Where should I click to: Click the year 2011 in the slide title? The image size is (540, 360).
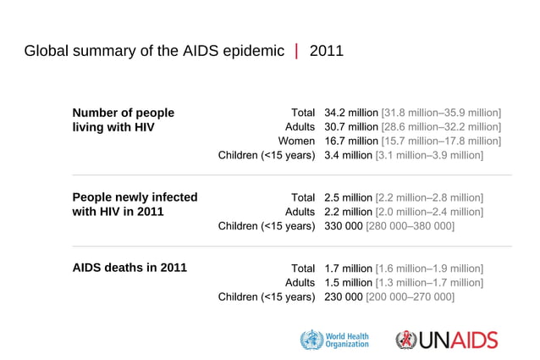pyautogui.click(x=327, y=51)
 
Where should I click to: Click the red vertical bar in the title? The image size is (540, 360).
pyautogui.click(x=296, y=51)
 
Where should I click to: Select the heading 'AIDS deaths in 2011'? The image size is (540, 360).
pyautogui.click(x=129, y=268)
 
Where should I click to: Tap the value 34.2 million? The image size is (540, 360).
pyautogui.click(x=351, y=113)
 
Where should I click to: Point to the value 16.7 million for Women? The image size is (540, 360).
pyautogui.click(x=351, y=141)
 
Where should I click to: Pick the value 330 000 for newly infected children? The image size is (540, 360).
pyautogui.click(x=344, y=226)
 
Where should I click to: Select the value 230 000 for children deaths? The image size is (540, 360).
pyautogui.click(x=344, y=296)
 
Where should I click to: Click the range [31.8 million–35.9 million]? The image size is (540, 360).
pyautogui.click(x=441, y=113)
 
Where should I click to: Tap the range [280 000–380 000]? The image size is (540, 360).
pyautogui.click(x=411, y=226)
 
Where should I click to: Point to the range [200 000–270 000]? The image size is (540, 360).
pyautogui.click(x=411, y=296)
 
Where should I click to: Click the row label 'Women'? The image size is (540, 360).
pyautogui.click(x=297, y=141)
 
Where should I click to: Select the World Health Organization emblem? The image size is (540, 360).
pyautogui.click(x=311, y=340)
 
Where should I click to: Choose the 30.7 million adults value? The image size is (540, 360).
pyautogui.click(x=351, y=127)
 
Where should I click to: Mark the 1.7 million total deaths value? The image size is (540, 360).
pyautogui.click(x=348, y=269)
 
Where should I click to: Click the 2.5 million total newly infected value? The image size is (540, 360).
pyautogui.click(x=348, y=197)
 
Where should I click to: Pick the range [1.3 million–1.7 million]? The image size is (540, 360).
pyautogui.click(x=429, y=282)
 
